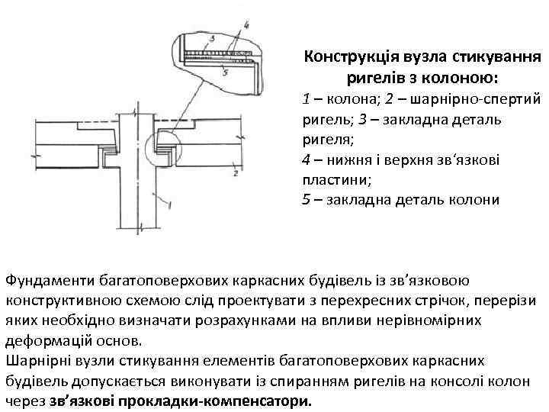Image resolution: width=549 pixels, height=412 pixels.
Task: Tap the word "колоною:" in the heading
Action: click(x=461, y=78)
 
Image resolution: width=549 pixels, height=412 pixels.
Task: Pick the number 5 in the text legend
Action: click(x=306, y=201)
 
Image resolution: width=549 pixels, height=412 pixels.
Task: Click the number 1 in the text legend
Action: click(x=306, y=99)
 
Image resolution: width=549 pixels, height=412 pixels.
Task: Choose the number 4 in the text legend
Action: click(x=306, y=160)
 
